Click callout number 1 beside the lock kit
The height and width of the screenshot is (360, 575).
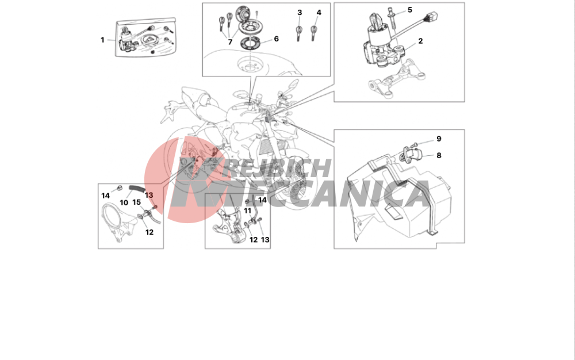pyautogui.click(x=102, y=40)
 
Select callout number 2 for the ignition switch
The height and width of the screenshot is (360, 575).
pyautogui.click(x=420, y=41)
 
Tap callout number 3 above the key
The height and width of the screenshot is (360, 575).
pyautogui.click(x=300, y=13)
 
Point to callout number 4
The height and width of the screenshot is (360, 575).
pyautogui.click(x=319, y=13)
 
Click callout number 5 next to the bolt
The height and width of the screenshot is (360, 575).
pyautogui.click(x=410, y=10)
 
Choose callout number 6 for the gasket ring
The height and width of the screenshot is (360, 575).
pyautogui.click(x=276, y=39)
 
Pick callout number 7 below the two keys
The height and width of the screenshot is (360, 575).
pyautogui.click(x=230, y=42)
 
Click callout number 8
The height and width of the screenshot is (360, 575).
pyautogui.click(x=439, y=155)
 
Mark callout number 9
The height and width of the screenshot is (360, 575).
pyautogui.click(x=439, y=139)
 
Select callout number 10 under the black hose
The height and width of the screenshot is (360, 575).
pyautogui.click(x=124, y=203)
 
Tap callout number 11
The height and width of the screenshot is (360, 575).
pyautogui.click(x=248, y=211)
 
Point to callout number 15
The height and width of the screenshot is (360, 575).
pyautogui.click(x=136, y=202)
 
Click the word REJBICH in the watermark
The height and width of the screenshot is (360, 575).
pyautogui.click(x=278, y=168)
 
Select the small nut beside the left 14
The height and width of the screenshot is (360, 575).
pyautogui.click(x=119, y=189)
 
